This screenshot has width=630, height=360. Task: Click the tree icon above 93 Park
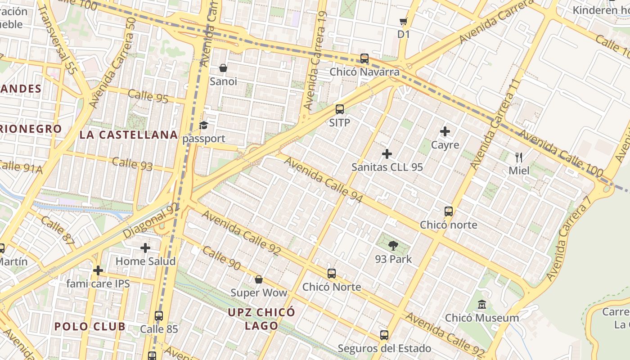393,246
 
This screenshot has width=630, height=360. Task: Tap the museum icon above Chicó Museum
482,305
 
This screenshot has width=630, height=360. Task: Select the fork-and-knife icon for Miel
519,157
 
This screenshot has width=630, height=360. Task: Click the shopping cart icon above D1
404,21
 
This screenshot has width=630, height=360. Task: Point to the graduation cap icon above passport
204,125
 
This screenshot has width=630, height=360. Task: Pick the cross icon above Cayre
445,131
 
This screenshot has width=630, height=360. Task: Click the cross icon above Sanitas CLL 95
387,154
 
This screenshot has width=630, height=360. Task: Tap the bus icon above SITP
340,109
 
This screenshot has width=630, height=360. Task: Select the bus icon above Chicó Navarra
364,58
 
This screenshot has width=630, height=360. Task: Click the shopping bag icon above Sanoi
223,68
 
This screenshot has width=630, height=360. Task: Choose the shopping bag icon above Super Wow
259,279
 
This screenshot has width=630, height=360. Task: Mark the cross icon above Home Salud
145,248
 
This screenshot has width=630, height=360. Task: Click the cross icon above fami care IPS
98,270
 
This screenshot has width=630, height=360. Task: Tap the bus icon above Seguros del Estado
384,335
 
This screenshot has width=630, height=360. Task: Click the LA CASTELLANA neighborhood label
129,135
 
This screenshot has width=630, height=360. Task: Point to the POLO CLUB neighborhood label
90,327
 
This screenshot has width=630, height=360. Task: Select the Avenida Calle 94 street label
324,180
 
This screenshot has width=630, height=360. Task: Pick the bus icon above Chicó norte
449,211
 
